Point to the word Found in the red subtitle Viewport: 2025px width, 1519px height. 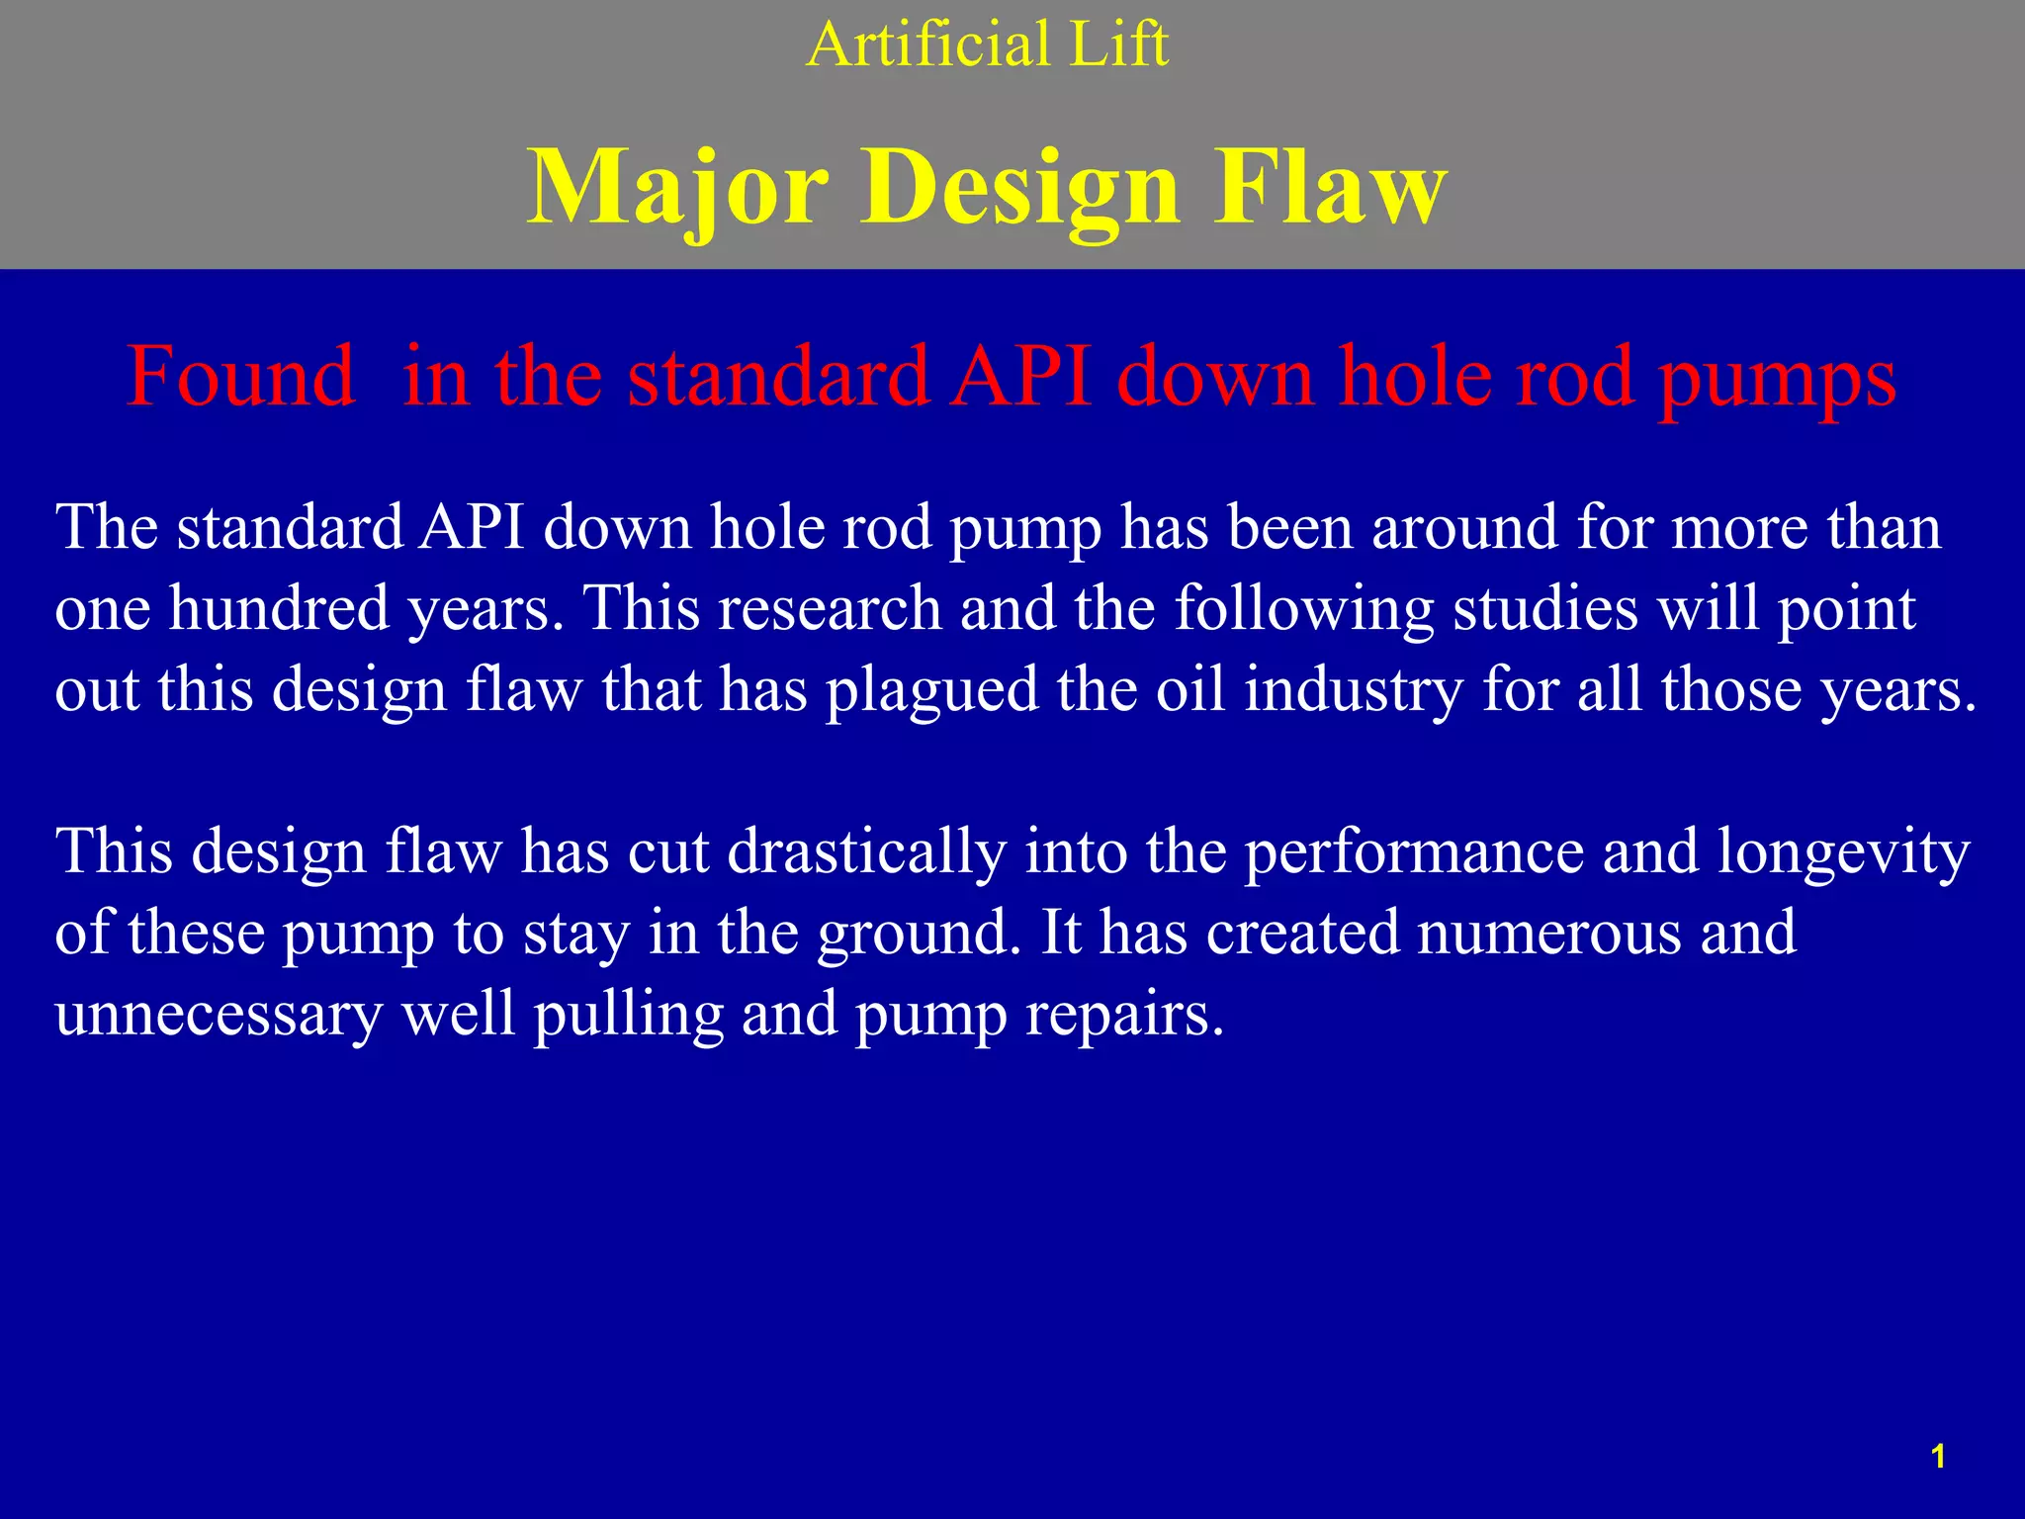pos(240,377)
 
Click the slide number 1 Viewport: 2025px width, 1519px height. pos(1938,1457)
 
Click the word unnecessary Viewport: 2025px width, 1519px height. pos(219,1015)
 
